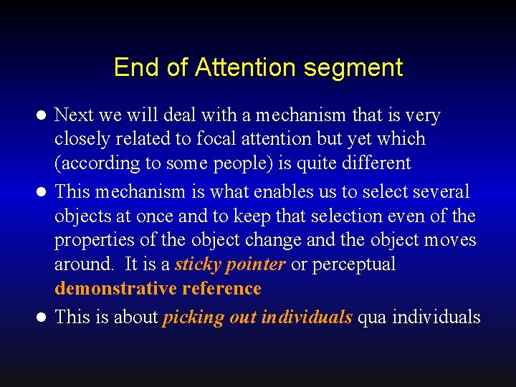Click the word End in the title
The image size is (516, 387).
[134, 67]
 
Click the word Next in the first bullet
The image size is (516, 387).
[72, 115]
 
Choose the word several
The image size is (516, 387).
[439, 192]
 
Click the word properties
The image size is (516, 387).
[92, 240]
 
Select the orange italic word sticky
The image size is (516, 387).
[198, 264]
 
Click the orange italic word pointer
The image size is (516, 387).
[255, 264]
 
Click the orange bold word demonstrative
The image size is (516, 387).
[115, 289]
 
